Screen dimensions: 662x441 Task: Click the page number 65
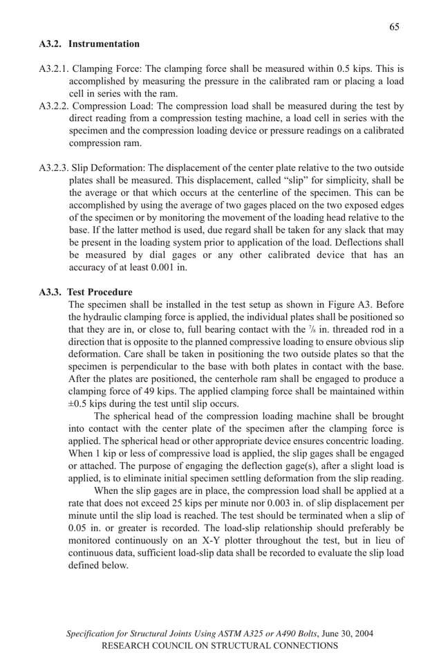point(394,27)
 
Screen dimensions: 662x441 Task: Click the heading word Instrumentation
point(104,44)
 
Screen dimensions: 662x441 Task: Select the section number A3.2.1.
point(53,70)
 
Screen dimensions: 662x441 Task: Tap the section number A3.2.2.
point(53,107)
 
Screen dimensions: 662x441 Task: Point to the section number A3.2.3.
point(53,169)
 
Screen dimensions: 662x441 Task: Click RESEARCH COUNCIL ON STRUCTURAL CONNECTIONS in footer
point(220,645)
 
